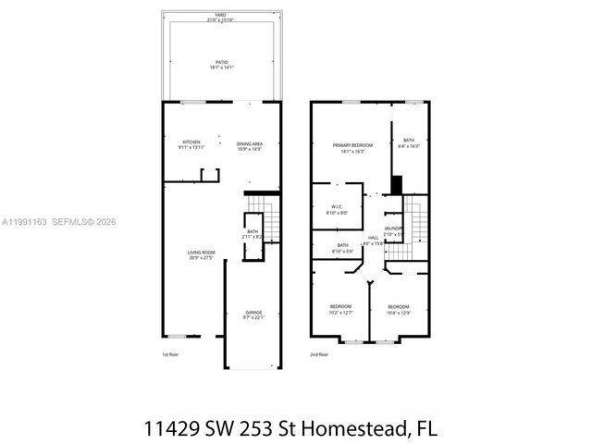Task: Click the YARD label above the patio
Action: [221, 14]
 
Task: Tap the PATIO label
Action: [221, 64]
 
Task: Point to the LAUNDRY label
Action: [393, 229]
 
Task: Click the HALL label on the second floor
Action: [374, 240]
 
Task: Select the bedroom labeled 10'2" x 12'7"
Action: [341, 310]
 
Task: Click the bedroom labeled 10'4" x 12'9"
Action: [399, 309]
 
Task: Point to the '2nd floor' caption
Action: [320, 354]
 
